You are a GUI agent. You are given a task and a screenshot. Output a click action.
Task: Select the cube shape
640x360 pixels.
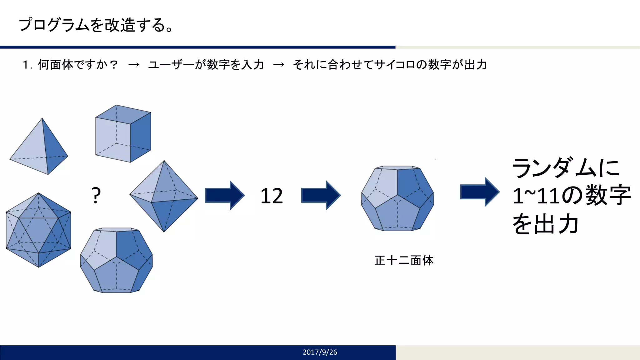click(x=123, y=134)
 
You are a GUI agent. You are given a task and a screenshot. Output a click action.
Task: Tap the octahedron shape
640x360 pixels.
click(x=163, y=196)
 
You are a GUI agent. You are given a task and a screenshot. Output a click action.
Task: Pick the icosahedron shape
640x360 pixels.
click(x=38, y=230)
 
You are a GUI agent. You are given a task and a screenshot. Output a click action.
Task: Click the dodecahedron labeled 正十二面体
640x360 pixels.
click(x=397, y=198)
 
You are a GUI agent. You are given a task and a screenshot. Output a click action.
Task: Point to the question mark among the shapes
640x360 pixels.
click(x=96, y=196)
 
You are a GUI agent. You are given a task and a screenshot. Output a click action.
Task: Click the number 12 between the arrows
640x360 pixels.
click(x=272, y=196)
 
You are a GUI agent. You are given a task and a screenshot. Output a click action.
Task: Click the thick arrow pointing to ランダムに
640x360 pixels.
click(x=479, y=192)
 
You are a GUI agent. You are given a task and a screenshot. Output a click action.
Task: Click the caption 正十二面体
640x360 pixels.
click(x=404, y=260)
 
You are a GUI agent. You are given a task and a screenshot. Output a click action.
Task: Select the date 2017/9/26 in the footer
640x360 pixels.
click(x=320, y=352)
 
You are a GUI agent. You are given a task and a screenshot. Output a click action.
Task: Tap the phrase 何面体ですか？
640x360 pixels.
click(x=78, y=65)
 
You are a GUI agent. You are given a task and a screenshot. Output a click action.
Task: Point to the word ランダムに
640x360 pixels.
click(x=566, y=168)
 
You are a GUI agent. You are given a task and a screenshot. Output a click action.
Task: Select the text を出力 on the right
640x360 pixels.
click(x=545, y=224)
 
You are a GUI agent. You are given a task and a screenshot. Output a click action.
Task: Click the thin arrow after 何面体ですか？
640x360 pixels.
click(x=134, y=65)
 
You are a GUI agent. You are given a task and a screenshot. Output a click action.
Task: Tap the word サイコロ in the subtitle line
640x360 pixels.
click(x=394, y=65)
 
